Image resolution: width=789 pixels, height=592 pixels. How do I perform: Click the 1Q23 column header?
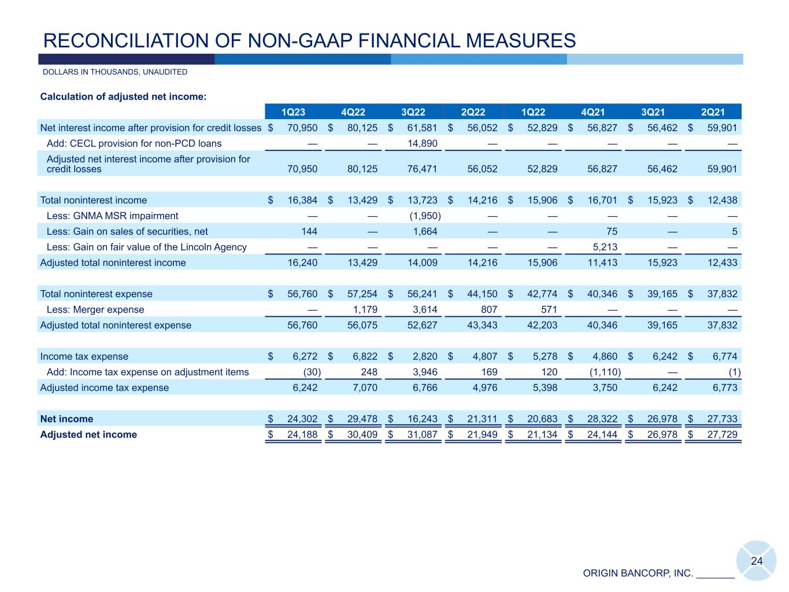click(293, 112)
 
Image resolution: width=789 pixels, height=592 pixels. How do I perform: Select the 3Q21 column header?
click(653, 112)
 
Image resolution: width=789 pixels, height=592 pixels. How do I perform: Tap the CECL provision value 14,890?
click(423, 143)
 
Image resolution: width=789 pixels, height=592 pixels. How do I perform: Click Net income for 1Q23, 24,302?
click(302, 419)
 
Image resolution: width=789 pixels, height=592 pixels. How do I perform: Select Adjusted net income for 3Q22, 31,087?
click(423, 435)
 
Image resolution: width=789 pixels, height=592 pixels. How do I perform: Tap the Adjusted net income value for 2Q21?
click(723, 435)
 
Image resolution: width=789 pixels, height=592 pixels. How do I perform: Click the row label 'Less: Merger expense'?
click(95, 310)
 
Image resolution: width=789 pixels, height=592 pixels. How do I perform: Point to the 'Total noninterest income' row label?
click(94, 201)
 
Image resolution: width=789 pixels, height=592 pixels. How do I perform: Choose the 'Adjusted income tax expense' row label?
click(105, 388)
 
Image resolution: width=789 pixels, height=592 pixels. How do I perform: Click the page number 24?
click(757, 561)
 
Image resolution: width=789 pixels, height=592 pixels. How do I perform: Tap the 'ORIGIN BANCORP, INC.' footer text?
click(638, 573)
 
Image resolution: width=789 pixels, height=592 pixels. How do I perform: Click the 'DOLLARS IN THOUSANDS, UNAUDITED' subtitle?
click(115, 72)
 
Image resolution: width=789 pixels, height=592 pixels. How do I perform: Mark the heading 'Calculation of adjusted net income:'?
click(123, 97)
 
